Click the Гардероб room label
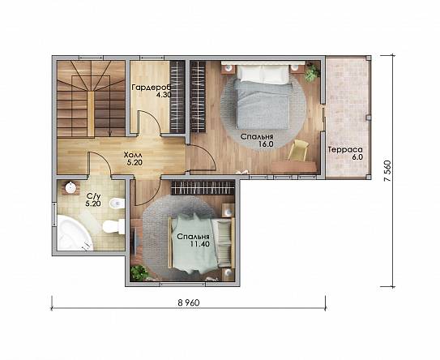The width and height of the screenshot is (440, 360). (x=152, y=88)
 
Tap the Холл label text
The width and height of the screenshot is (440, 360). (x=133, y=155)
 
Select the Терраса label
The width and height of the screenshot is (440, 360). (x=345, y=150)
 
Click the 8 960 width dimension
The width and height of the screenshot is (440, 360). (x=189, y=302)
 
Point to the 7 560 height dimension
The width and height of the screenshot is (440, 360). (x=387, y=171)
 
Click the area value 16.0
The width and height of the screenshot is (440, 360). (x=266, y=144)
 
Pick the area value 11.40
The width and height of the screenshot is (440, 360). (x=200, y=244)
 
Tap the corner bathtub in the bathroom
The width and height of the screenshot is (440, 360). (x=74, y=233)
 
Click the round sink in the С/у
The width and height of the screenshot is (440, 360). (x=70, y=187)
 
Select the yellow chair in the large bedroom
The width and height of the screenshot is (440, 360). (x=298, y=151)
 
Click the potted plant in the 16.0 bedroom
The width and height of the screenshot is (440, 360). (x=311, y=72)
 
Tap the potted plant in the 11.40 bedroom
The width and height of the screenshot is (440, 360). (x=139, y=272)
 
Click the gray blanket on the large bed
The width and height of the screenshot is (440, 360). (x=262, y=103)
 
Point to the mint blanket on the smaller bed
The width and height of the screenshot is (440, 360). (x=194, y=243)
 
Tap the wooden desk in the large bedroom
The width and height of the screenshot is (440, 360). (x=293, y=166)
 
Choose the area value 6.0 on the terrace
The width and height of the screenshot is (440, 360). (x=357, y=157)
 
